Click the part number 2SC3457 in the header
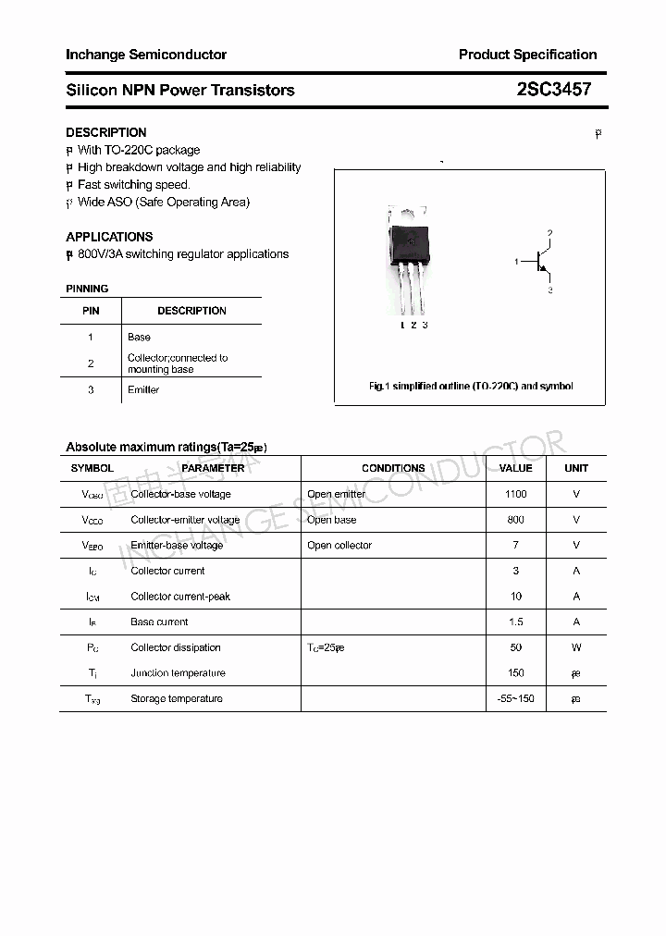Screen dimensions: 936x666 click(x=553, y=90)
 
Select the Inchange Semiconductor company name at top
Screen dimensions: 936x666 click(x=146, y=55)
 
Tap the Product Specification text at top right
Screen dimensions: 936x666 click(x=527, y=55)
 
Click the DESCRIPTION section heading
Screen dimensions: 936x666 click(x=106, y=132)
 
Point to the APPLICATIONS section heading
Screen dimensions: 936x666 click(x=109, y=237)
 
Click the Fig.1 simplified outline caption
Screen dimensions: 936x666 click(x=470, y=386)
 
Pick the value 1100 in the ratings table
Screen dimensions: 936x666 click(x=515, y=494)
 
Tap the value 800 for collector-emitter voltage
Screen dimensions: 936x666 click(x=515, y=520)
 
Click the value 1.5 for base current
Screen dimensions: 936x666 click(x=515, y=622)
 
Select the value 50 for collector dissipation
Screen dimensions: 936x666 click(x=515, y=647)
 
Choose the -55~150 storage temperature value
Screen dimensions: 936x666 click(x=515, y=698)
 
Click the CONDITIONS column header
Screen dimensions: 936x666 click(x=393, y=468)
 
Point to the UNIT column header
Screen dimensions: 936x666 click(x=576, y=468)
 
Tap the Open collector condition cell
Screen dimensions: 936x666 click(x=339, y=545)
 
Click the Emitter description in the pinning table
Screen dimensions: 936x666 click(x=143, y=389)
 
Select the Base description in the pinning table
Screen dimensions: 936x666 click(x=139, y=337)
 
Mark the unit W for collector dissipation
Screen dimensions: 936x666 click(x=576, y=647)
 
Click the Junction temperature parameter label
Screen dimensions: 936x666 click(x=178, y=672)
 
